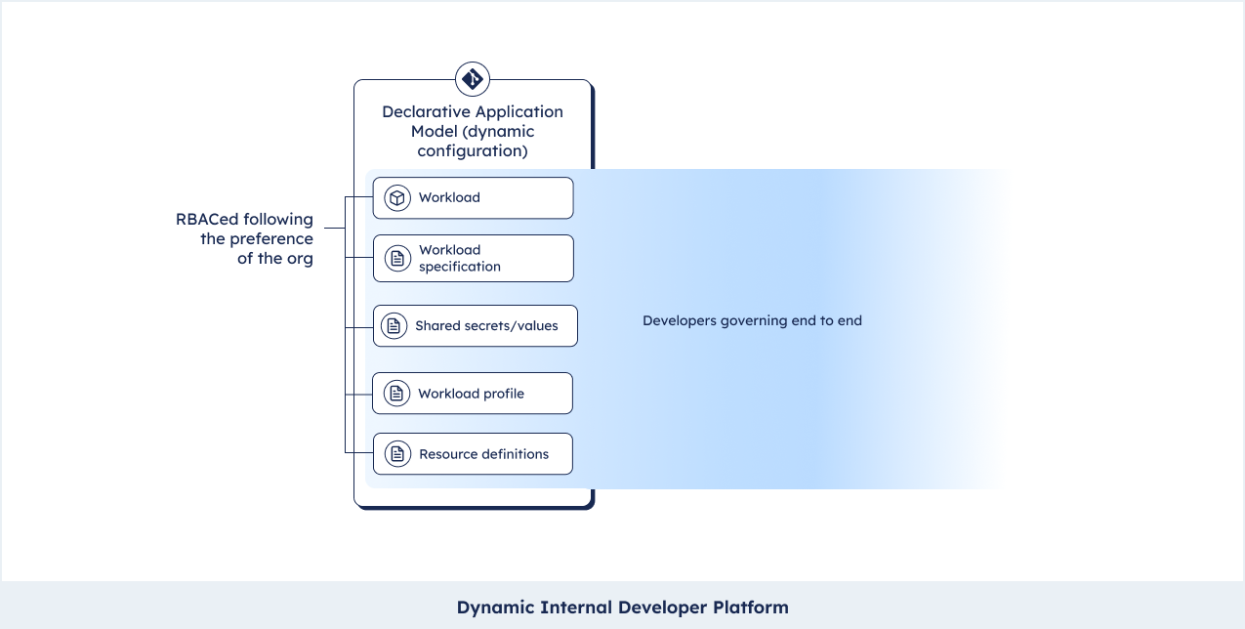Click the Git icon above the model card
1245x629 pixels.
[x=473, y=79]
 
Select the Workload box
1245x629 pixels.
[x=473, y=198]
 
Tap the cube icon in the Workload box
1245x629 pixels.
[x=396, y=198]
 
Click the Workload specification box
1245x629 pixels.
[x=473, y=258]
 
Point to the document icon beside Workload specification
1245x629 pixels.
[x=397, y=258]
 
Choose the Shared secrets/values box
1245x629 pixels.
[x=476, y=326]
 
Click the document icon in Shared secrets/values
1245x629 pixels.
[x=394, y=326]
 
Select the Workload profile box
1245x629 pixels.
[x=473, y=394]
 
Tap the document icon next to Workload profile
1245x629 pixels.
[x=396, y=394]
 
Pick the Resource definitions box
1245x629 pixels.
[x=473, y=454]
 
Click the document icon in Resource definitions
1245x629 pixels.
[x=397, y=454]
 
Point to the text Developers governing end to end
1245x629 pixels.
[x=752, y=321]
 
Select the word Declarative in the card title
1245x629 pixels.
[x=424, y=111]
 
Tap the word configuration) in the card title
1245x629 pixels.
[x=473, y=151]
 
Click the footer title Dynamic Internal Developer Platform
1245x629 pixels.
[x=623, y=608]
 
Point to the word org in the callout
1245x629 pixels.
[x=300, y=259]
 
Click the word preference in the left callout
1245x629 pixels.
[x=271, y=239]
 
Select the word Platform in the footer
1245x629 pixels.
[x=751, y=608]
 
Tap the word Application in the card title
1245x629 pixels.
[x=518, y=112]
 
